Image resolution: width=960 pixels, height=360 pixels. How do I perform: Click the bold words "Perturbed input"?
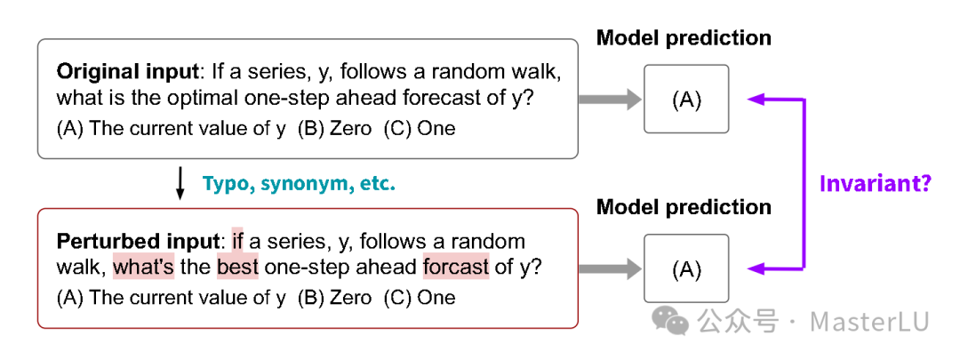[137, 241]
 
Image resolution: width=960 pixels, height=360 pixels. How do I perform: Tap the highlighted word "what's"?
[144, 267]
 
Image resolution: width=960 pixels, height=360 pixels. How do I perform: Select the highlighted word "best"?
[237, 267]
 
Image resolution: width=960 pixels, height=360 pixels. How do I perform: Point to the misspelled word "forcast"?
[456, 267]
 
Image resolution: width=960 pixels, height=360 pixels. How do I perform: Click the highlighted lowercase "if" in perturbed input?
[237, 241]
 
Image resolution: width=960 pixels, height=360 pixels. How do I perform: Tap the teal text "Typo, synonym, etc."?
[299, 184]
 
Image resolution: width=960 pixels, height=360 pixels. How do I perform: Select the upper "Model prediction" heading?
[684, 38]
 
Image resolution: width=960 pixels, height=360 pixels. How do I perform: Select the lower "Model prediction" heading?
[684, 207]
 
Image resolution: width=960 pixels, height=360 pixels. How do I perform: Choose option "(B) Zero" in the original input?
[334, 129]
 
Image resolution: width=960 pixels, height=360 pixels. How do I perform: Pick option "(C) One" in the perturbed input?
[420, 298]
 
